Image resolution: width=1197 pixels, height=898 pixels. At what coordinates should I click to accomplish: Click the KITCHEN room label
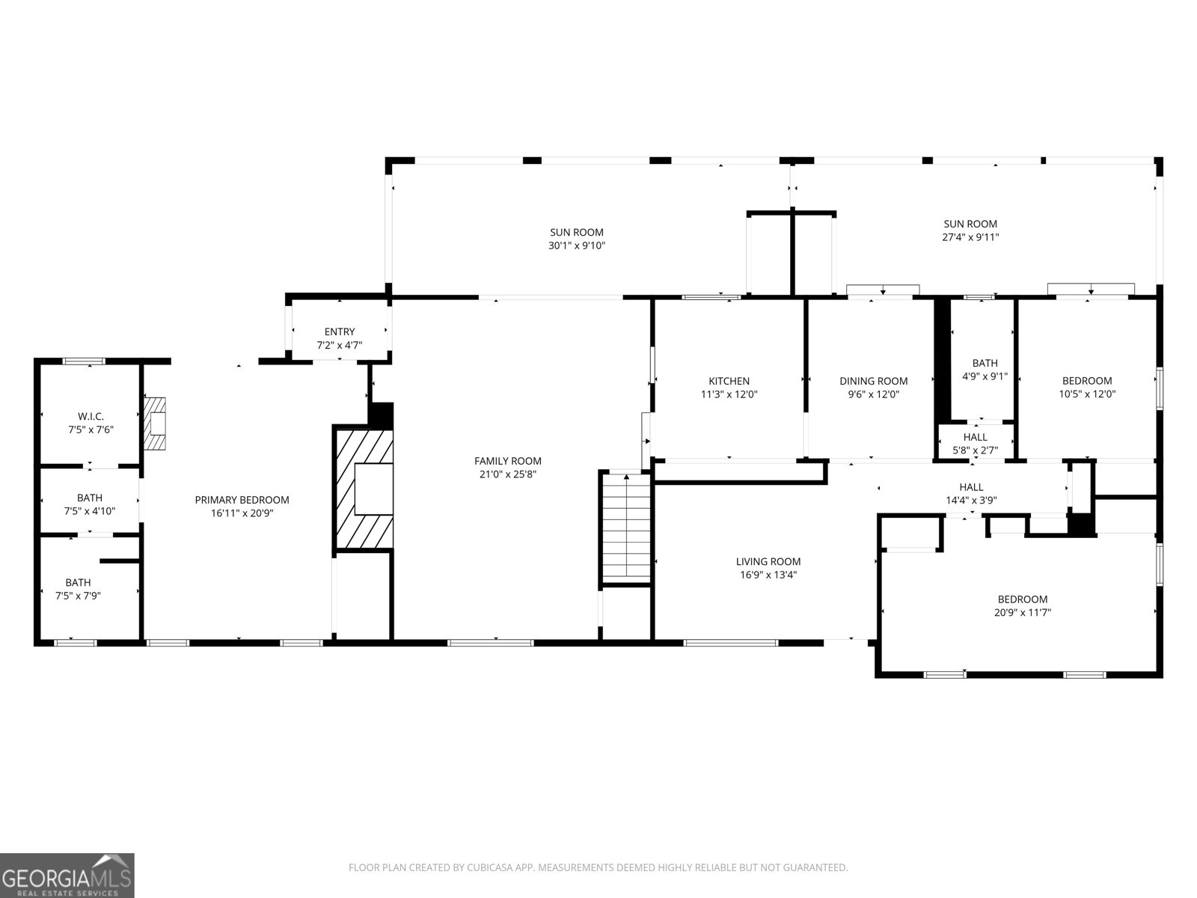[729, 381]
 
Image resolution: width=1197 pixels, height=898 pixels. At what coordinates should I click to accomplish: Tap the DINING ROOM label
[873, 381]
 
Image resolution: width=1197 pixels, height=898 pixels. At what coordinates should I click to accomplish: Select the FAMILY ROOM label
[507, 461]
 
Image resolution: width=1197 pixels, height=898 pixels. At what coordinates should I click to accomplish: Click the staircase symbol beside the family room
[626, 527]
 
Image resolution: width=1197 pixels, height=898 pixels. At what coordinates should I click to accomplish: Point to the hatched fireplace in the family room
[364, 489]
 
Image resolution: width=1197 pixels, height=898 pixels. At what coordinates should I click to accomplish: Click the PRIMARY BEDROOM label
[242, 500]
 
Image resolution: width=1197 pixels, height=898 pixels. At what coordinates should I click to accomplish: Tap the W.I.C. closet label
[91, 416]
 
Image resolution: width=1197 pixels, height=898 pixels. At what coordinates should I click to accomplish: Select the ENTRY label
[340, 332]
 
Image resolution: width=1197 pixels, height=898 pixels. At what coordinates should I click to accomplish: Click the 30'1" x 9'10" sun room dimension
[576, 245]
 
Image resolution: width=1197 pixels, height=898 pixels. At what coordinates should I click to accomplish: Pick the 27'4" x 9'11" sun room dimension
[970, 237]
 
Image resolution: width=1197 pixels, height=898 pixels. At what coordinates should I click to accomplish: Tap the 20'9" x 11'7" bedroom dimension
[1023, 612]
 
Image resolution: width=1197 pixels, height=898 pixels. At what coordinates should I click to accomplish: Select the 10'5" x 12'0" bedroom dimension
[1087, 394]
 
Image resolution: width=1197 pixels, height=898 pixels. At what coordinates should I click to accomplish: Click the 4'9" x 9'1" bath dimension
[985, 376]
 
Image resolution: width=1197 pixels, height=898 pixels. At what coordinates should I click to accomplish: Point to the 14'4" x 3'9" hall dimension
[971, 501]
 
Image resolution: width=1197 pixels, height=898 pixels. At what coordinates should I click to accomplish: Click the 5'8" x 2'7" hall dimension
[975, 450]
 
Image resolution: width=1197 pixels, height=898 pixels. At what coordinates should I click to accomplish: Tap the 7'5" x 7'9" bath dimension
[78, 596]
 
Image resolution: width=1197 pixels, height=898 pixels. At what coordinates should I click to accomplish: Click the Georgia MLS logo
[67, 876]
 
